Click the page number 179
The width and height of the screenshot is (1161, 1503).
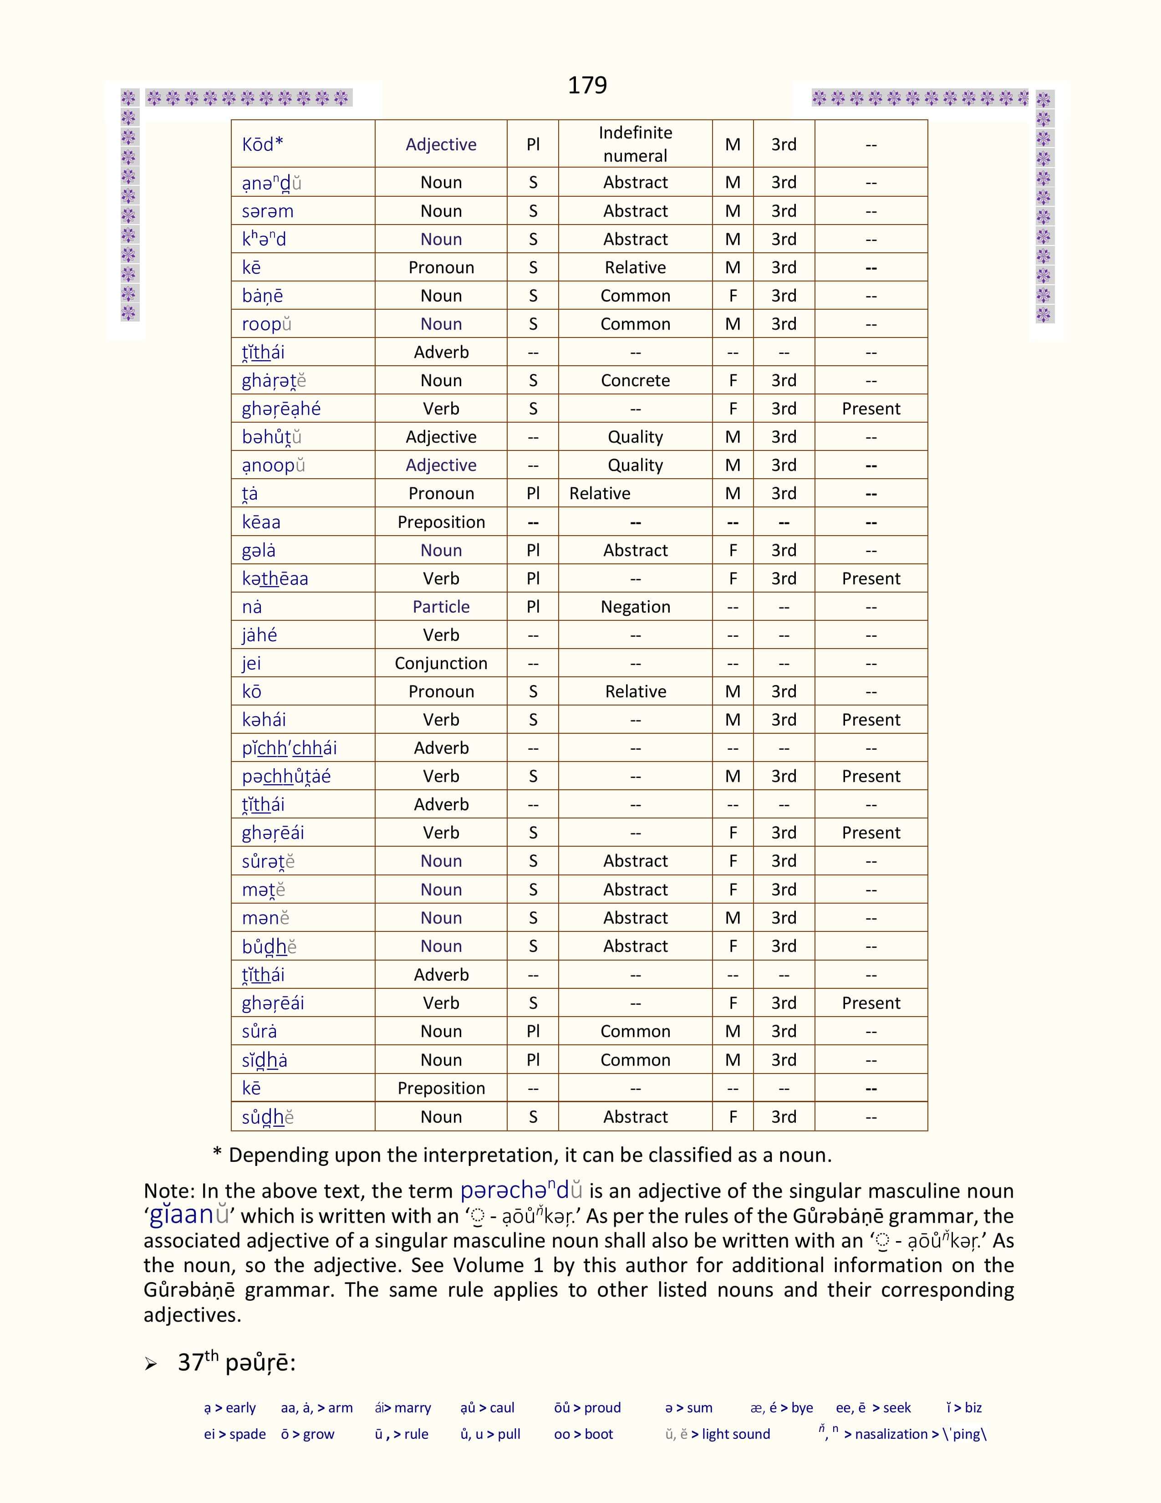[x=587, y=85]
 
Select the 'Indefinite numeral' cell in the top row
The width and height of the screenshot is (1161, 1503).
[x=635, y=144]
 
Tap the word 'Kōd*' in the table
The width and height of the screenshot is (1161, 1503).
[x=262, y=144]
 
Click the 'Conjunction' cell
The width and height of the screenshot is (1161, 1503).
[x=441, y=664]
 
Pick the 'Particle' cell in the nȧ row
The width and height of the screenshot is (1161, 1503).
[x=441, y=607]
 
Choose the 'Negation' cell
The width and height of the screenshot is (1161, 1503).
[x=635, y=607]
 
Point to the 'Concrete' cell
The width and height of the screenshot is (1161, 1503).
[x=635, y=381]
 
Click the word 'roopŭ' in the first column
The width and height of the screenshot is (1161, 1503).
[x=267, y=324]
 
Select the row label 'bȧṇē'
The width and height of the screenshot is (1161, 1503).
[x=262, y=296]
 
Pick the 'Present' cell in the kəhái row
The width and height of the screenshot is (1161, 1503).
[x=871, y=720]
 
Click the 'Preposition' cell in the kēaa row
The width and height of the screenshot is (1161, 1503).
[x=441, y=522]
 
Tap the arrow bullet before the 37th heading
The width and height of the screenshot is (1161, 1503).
[x=151, y=1364]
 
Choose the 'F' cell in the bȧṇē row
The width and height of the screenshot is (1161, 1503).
[x=733, y=296]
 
